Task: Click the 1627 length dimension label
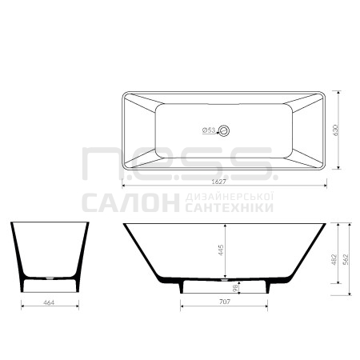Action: (218, 182)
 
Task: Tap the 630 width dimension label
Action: (336, 130)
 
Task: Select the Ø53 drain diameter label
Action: (209, 130)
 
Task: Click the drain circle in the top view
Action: (223, 130)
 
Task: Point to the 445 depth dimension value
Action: (221, 250)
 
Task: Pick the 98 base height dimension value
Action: (235, 288)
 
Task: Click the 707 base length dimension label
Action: (225, 302)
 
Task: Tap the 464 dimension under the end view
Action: (49, 302)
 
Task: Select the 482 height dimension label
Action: (334, 259)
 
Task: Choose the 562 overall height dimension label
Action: (346, 259)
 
